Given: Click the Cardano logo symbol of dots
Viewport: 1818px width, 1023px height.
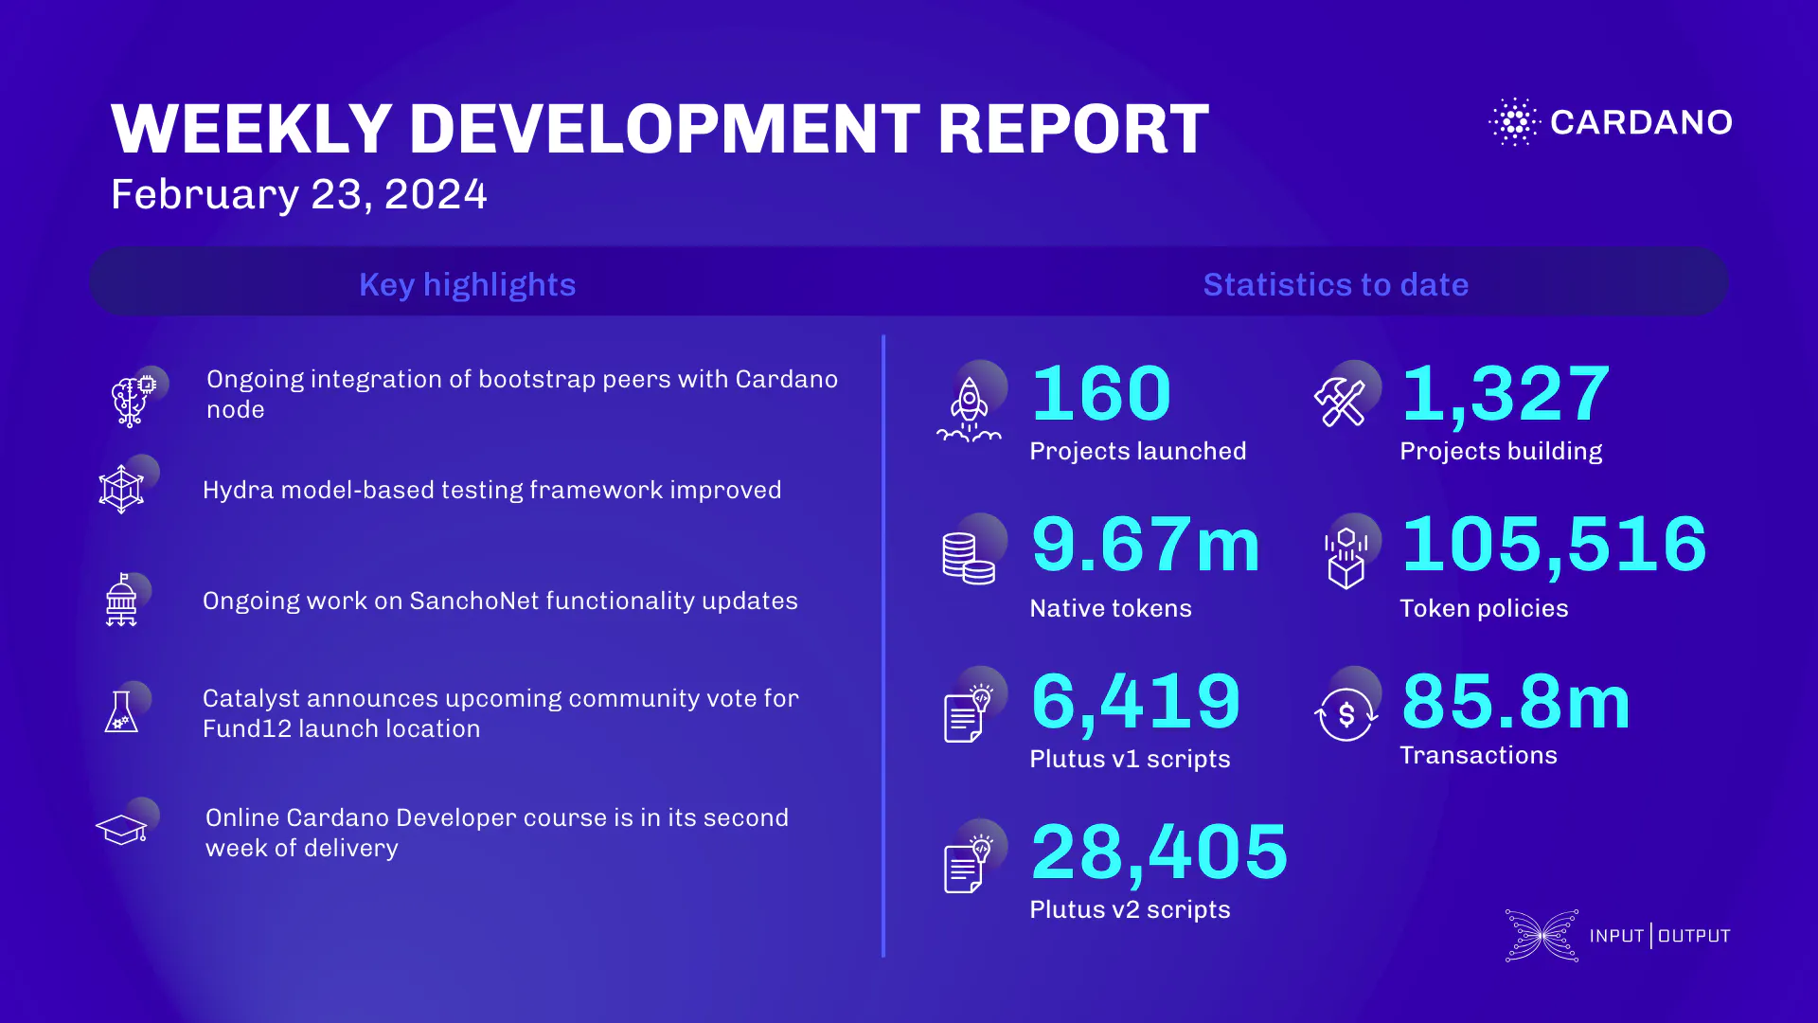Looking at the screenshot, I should coord(1515,121).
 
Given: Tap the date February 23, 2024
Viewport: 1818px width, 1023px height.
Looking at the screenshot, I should coord(298,194).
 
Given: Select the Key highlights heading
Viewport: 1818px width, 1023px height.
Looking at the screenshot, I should coord(467,284).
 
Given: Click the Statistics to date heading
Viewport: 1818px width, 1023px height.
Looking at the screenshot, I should coord(1335,284).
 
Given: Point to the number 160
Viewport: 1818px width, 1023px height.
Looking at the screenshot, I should coord(1101,393).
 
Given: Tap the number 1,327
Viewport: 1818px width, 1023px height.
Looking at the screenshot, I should coord(1506,393).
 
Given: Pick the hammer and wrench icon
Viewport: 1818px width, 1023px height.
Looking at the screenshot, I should coord(1340,402).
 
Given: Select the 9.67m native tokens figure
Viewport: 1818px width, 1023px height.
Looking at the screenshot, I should coord(1146,545).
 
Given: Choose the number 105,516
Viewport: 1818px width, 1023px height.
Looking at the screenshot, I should coord(1554,545).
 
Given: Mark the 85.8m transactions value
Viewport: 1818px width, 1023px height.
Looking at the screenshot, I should coord(1516,702).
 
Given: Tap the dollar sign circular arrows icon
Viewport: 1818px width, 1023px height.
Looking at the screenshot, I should coord(1346,714).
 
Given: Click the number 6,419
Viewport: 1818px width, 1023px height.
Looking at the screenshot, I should coord(1135,702).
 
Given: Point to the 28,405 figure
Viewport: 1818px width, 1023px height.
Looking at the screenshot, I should coord(1159,852).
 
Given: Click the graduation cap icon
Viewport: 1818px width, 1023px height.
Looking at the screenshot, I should coord(122,830).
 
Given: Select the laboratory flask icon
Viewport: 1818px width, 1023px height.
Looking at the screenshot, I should coord(121,711).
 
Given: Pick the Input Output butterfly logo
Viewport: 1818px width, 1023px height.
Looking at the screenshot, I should coord(1542,936).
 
